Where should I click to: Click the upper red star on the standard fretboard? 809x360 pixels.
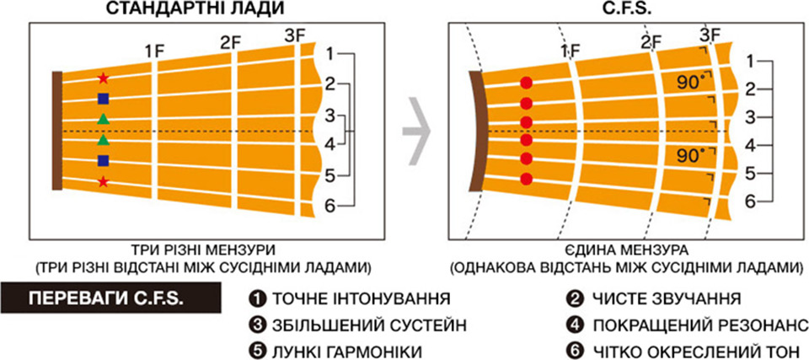[103, 78]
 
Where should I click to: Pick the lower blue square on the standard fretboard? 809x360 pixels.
[103, 161]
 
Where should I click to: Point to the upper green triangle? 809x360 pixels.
[103, 119]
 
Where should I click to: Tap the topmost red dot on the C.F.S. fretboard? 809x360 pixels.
[526, 83]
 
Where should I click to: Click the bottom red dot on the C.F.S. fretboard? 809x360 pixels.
[526, 179]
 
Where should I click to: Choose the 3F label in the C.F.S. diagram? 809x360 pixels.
[710, 35]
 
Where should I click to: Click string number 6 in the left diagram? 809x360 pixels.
[330, 205]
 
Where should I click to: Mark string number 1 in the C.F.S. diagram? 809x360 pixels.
[751, 62]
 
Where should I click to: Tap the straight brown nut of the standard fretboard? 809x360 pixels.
[56, 132]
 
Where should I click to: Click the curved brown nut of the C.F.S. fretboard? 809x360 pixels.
[475, 132]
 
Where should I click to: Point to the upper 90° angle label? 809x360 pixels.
[691, 83]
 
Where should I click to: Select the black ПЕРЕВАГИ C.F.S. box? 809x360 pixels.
[111, 299]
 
